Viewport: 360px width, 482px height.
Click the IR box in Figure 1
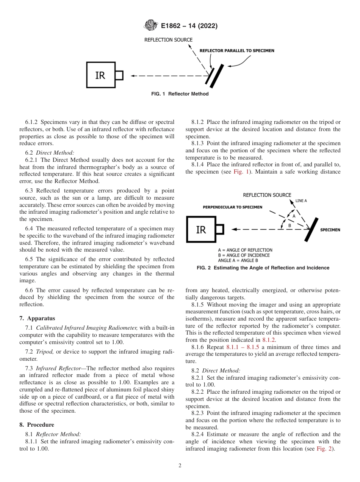101,75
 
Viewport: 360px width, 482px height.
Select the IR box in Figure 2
201,229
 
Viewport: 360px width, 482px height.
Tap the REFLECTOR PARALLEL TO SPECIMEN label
237,50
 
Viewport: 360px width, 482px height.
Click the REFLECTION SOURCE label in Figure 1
168,40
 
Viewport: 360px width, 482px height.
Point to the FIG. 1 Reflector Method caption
180,94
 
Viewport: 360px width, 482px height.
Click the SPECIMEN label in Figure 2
330,230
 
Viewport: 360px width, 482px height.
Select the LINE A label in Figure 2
301,200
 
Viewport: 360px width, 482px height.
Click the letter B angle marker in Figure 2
290,225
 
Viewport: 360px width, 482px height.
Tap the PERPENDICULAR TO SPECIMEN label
232,207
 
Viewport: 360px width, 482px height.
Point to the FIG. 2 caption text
263,268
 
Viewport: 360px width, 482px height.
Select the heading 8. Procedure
37,424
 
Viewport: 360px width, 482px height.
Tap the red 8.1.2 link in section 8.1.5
269,340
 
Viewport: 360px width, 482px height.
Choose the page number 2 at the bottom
180,466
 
